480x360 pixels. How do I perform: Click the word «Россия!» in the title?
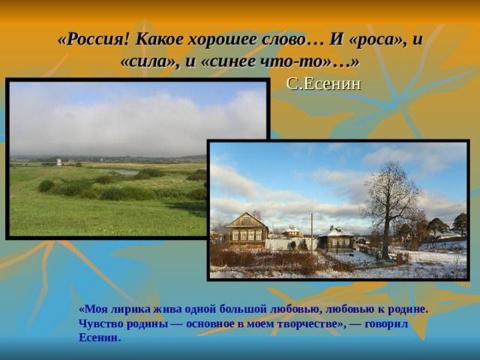point(93,40)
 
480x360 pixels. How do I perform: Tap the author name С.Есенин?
point(323,83)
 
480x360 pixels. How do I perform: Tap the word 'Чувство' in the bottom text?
point(98,323)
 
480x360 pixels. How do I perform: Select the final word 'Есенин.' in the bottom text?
point(99,337)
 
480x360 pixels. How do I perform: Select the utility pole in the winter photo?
point(312,231)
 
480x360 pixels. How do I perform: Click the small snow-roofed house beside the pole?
point(336,238)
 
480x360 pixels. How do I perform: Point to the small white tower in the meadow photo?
point(58,161)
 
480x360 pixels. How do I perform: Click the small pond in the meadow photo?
point(124,172)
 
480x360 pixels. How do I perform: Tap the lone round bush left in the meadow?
point(46,185)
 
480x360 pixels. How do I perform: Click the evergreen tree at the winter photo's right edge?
point(459,223)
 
